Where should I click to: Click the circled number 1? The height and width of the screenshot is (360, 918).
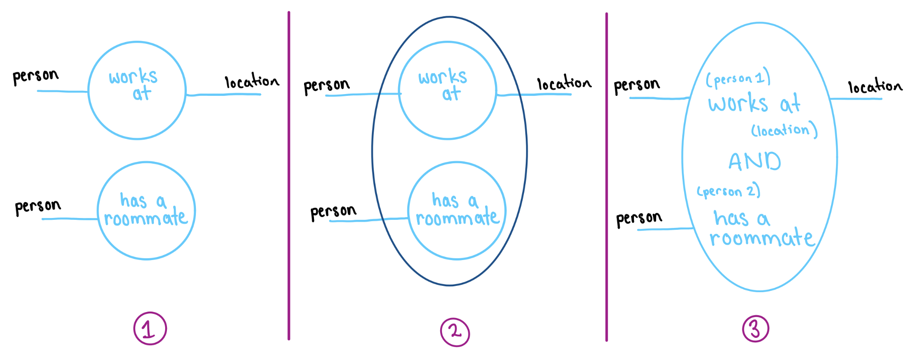[150, 328]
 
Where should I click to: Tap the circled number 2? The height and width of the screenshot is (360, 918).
[455, 332]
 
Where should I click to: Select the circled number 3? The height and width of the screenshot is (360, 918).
[756, 328]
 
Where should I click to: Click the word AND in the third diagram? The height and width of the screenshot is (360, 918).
[755, 161]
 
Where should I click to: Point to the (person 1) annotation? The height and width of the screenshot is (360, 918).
[738, 79]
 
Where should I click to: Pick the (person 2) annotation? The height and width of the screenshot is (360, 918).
[728, 191]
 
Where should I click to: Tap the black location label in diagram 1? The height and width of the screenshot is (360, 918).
[252, 81]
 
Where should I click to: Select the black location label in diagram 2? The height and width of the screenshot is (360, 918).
[564, 83]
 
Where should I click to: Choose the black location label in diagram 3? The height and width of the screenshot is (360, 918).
[875, 86]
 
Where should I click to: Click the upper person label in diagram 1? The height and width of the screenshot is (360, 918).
[36, 76]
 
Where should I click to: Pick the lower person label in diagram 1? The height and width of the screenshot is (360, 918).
[38, 207]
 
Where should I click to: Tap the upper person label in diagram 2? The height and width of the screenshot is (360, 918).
[327, 85]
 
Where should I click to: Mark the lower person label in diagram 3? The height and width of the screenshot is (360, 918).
[639, 219]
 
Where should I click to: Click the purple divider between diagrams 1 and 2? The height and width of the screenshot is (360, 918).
[289, 176]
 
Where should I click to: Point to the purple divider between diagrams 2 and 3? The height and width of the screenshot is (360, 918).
[606, 176]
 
